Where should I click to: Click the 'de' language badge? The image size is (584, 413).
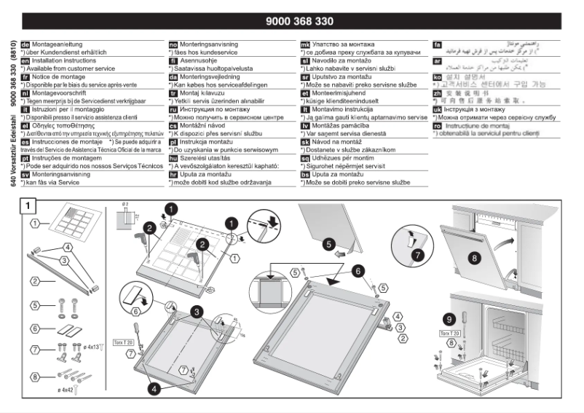[x=25, y=44]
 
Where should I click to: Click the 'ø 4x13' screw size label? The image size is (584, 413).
[x=92, y=348]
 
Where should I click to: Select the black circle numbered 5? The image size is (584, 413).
[x=328, y=244]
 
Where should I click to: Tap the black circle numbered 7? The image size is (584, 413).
[x=417, y=254]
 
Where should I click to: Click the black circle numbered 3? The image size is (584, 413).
[x=197, y=312]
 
